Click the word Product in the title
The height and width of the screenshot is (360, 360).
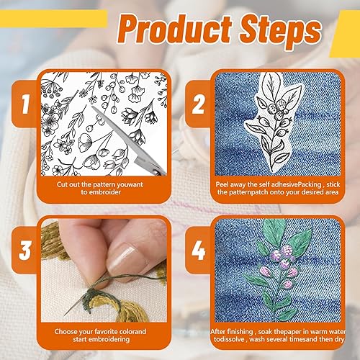175,30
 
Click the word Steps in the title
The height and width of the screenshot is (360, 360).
280,31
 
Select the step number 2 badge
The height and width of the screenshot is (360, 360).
199,104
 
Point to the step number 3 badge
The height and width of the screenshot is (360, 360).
24,250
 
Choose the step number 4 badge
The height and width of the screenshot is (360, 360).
198,250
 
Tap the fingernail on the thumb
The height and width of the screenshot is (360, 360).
121,257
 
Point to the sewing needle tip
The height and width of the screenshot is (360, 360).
65,315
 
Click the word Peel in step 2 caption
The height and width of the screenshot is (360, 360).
222,184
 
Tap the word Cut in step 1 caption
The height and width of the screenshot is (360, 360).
62,184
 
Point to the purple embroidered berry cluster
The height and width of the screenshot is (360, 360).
283,258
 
